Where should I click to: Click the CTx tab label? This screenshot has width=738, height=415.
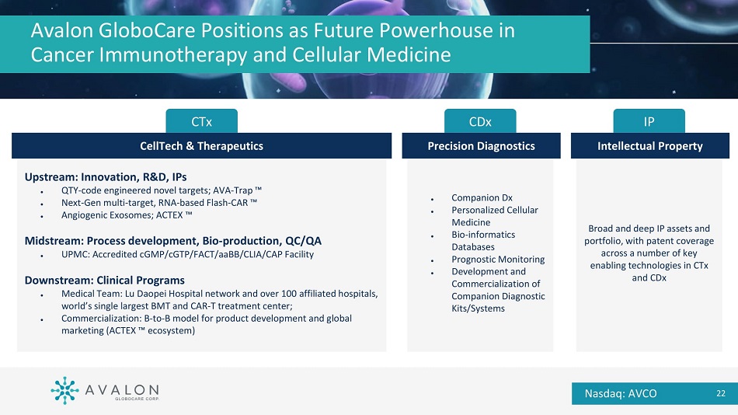[x=201, y=122]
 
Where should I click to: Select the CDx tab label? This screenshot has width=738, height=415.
[x=480, y=122]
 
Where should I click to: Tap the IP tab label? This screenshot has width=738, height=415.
[x=649, y=122]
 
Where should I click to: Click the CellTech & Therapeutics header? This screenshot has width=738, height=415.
[x=201, y=146]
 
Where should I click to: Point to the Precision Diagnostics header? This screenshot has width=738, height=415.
[x=481, y=146]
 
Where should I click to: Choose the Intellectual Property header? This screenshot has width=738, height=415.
[x=650, y=146]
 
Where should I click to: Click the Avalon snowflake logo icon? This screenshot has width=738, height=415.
[x=64, y=390]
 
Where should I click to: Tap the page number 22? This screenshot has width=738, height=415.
[x=721, y=393]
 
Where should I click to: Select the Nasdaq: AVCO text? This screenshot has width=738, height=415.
[x=621, y=393]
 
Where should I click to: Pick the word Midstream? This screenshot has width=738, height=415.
[x=54, y=241]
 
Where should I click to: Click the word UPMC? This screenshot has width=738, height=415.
[x=75, y=254]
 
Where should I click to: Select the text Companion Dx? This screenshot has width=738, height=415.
[x=482, y=198]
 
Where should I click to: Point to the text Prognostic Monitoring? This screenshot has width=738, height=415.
[x=498, y=259]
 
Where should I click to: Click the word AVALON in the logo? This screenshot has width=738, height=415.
[x=122, y=390]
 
